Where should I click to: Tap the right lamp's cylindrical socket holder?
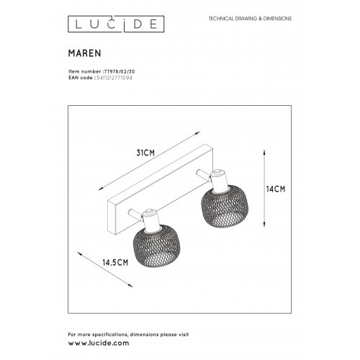pyautogui.click(x=216, y=176)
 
